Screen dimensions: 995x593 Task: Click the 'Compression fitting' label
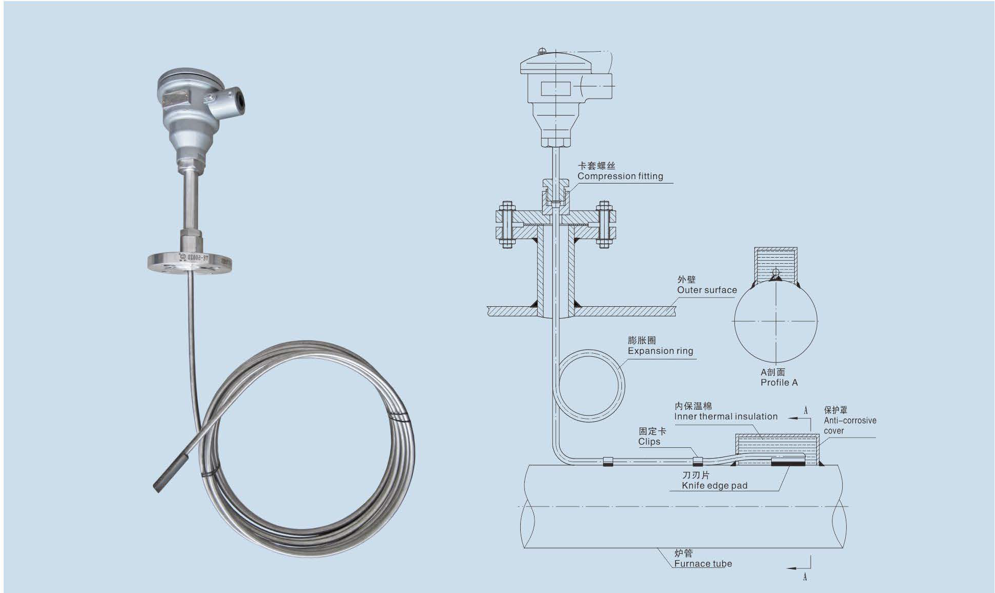(x=620, y=176)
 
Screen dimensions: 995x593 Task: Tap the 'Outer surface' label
(x=707, y=290)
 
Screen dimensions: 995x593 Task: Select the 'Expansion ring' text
(x=660, y=351)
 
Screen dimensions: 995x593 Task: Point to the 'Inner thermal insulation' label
(x=726, y=417)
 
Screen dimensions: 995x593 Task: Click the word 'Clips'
(x=649, y=442)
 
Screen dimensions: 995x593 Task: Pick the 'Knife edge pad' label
(x=714, y=486)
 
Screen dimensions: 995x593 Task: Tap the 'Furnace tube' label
(x=703, y=564)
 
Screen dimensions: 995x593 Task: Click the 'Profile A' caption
(x=779, y=382)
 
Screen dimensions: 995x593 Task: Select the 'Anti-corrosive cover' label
(x=850, y=425)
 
